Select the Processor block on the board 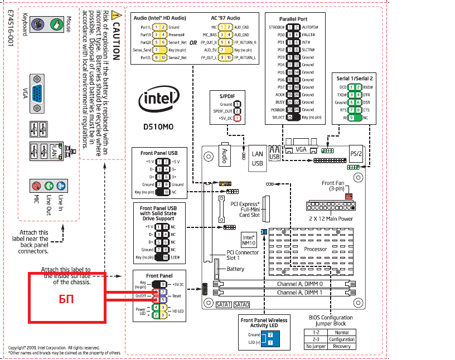[315, 249]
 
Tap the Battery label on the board [235, 269]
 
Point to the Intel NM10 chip [248, 240]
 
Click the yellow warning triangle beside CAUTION [115, 16]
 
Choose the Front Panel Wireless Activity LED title [264, 323]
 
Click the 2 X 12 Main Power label [330, 218]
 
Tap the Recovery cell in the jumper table [341, 346]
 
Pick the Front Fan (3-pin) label [336, 186]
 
